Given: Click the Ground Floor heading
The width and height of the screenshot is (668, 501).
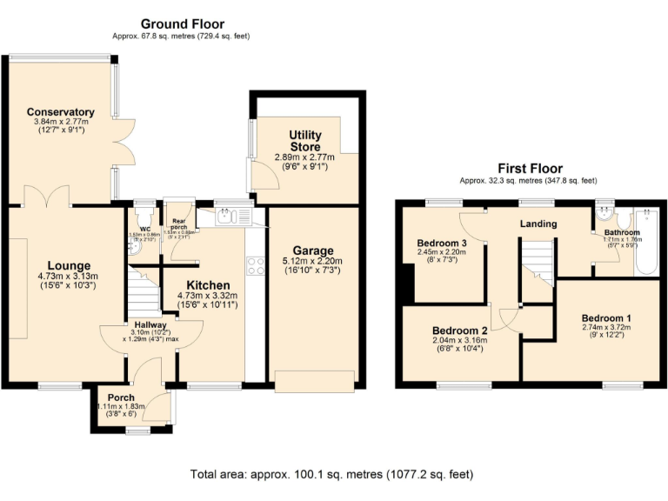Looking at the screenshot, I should [182, 24].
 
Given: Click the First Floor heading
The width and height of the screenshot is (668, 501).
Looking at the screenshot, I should [530, 169].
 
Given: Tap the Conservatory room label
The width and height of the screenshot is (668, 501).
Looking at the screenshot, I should [60, 112].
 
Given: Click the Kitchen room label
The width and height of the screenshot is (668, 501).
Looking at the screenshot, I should [208, 285].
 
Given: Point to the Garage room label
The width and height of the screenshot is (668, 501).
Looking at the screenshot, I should [314, 250].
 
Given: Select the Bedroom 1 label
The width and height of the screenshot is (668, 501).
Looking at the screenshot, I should [607, 318].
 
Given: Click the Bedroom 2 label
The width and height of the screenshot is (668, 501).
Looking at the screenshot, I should [460, 331].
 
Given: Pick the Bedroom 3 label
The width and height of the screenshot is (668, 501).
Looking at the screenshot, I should [443, 243].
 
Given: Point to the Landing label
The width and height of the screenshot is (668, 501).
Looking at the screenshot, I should [538, 224].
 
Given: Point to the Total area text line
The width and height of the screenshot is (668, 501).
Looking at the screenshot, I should [332, 475].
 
